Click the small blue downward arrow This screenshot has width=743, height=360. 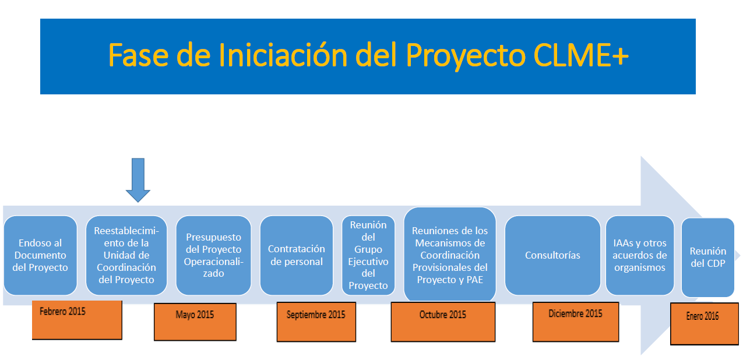coord(138,180)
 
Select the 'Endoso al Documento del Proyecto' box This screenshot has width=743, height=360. coord(40,255)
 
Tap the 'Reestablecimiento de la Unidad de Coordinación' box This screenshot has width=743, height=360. coord(126,255)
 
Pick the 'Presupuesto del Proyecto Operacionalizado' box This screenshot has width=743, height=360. coord(214,255)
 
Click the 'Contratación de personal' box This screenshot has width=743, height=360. coord(297,255)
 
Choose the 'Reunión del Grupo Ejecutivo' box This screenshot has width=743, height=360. coord(368,255)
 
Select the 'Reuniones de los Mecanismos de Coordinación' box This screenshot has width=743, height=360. coord(450,255)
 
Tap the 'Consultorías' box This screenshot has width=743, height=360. coord(552,255)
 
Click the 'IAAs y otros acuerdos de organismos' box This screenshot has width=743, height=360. coord(640,255)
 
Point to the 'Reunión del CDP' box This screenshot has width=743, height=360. coord(708,257)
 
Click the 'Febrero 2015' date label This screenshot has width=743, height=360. coord(77,320)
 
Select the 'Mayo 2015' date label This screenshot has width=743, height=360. coord(195,322)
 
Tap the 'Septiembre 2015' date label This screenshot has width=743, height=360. coord(316,322)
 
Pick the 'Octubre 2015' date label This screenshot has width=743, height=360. coord(443,322)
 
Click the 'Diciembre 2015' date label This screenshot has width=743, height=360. coord(576,322)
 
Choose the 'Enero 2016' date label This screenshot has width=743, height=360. coord(705,323)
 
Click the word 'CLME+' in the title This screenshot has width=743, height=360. coord(581,55)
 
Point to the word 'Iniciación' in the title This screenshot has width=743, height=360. coord(283,55)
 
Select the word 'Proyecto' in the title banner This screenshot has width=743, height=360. coord(466,57)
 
